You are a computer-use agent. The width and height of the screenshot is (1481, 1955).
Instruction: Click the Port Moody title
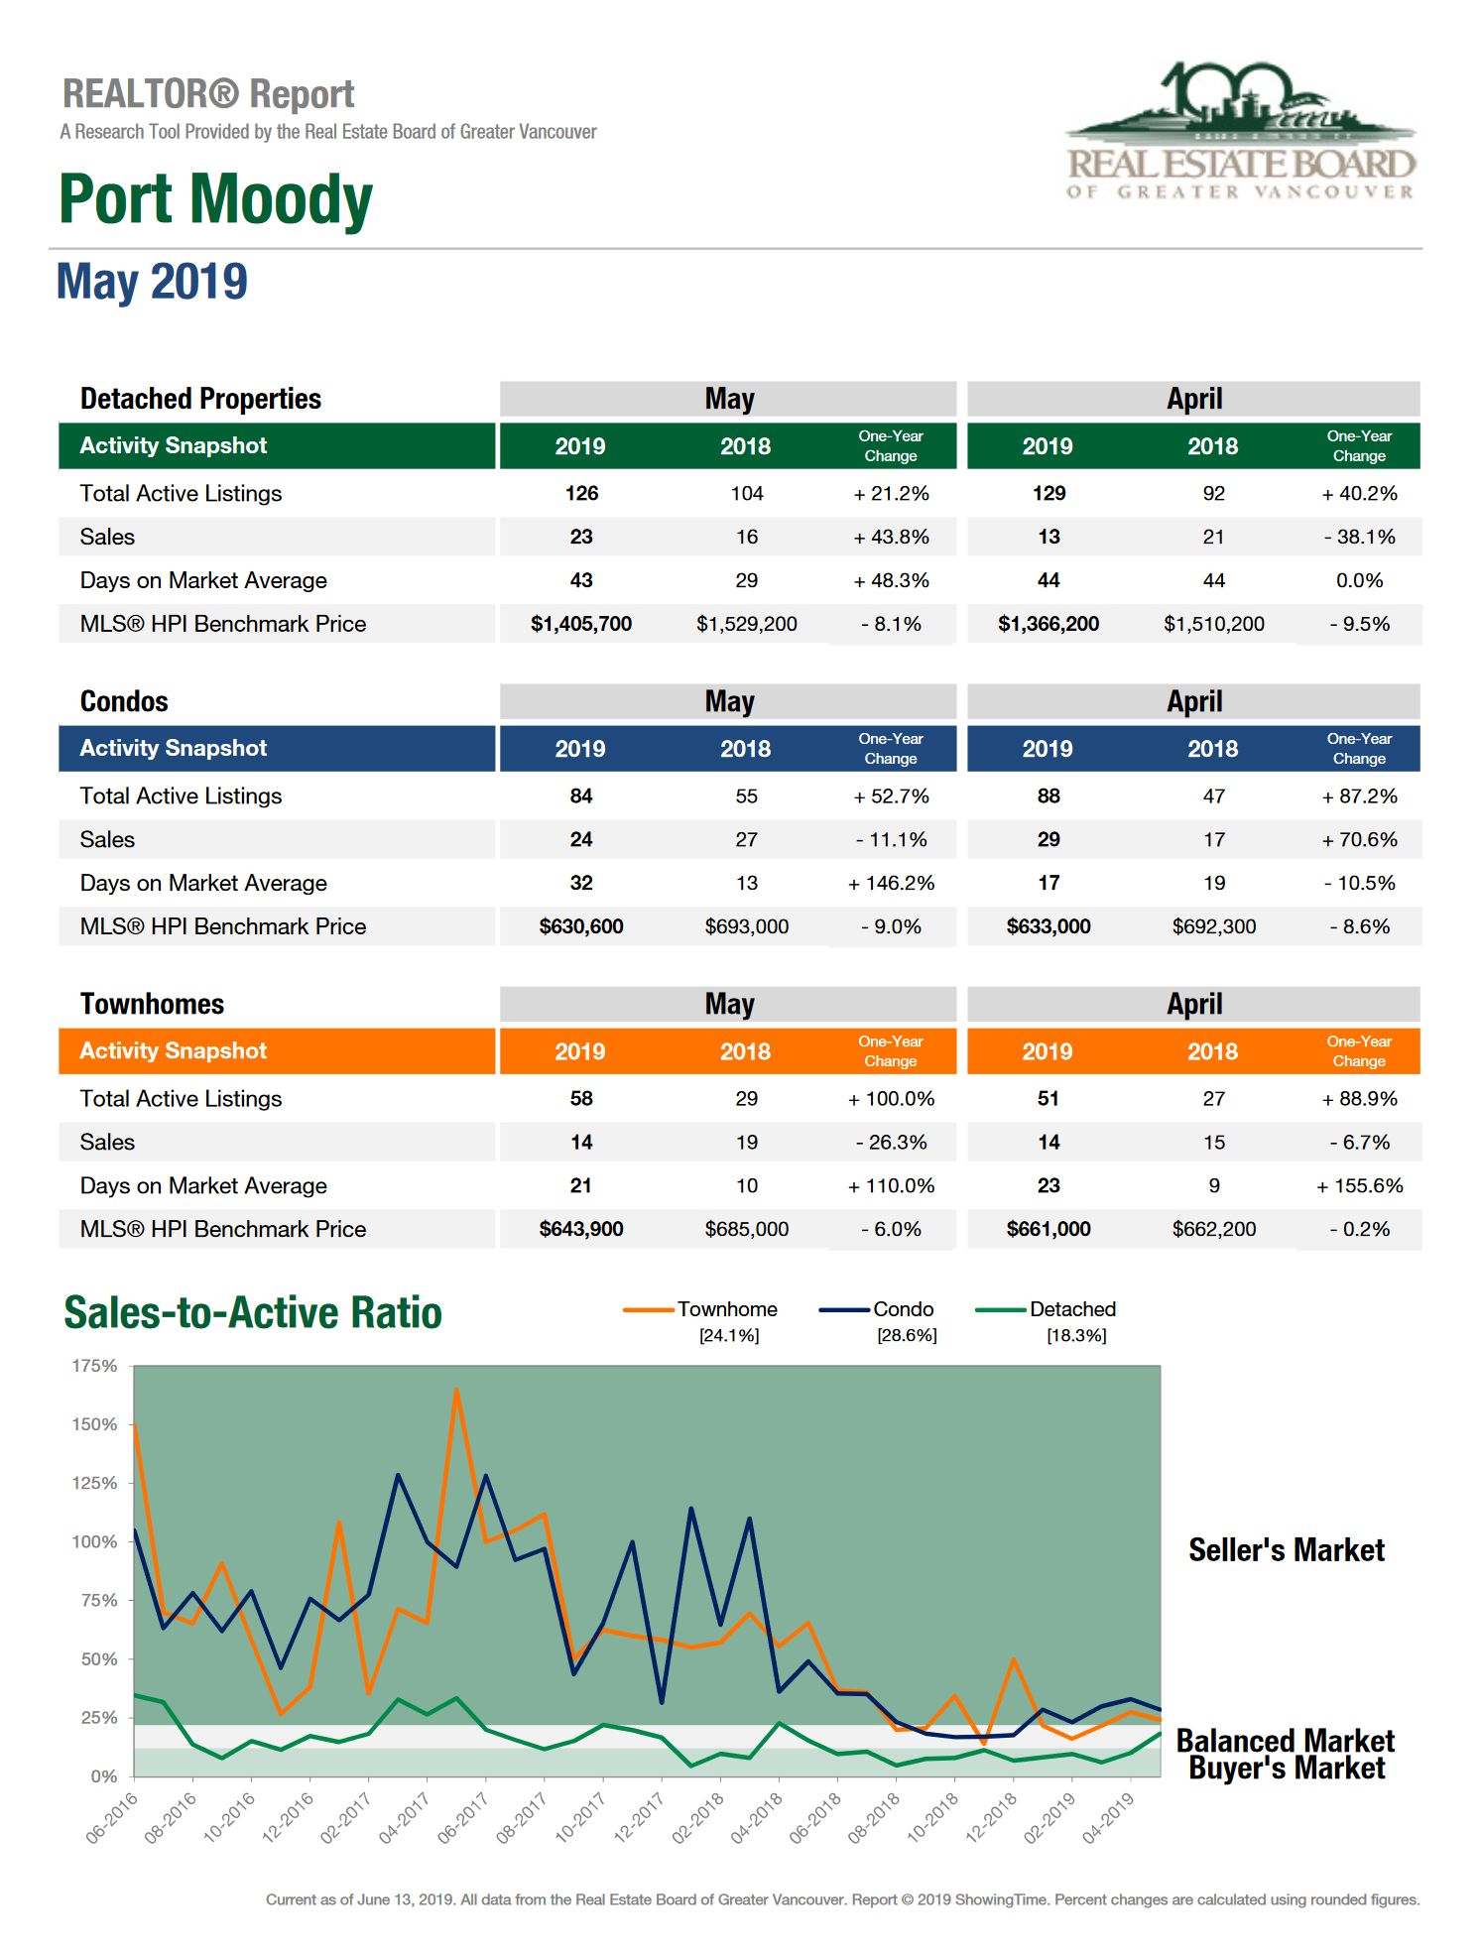(x=215, y=199)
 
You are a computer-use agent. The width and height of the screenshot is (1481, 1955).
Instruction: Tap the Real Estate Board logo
(x=1240, y=132)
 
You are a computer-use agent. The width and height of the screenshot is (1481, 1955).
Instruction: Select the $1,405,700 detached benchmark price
(x=581, y=624)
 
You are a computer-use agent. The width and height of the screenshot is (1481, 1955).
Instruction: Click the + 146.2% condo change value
(x=891, y=883)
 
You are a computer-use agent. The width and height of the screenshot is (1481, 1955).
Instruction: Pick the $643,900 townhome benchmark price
(x=581, y=1229)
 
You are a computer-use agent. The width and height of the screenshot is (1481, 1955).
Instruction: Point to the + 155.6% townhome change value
(x=1359, y=1185)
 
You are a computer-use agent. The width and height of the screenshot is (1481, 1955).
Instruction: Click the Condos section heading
(x=124, y=701)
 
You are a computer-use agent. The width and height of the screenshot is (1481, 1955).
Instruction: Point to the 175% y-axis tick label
(x=94, y=1366)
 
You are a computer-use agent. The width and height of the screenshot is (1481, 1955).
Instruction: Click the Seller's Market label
(x=1286, y=1549)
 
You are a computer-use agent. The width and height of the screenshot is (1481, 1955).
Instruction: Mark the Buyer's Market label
(x=1287, y=1769)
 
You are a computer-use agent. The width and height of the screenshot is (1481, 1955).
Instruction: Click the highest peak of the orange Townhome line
(x=456, y=1390)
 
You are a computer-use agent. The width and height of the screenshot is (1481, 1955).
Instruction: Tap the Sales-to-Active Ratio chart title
(x=253, y=1312)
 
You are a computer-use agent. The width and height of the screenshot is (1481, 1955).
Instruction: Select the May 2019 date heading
(x=152, y=282)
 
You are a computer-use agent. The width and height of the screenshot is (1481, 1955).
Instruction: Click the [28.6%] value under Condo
(x=907, y=1335)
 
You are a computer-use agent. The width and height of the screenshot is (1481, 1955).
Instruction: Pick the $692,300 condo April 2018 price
(x=1213, y=926)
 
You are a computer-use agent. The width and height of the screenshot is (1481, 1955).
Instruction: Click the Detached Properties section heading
(x=200, y=399)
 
